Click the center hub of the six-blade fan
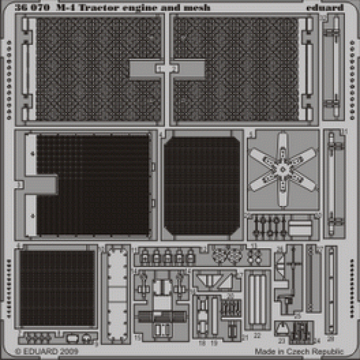284,171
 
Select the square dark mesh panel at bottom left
57,287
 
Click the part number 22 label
257,337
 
